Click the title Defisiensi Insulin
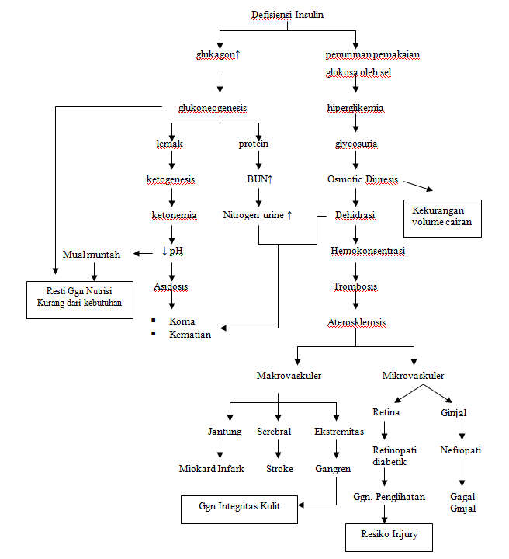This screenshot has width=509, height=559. pos(287,15)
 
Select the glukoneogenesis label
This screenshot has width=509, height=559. pos(213,108)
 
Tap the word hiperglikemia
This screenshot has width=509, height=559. pos(355,108)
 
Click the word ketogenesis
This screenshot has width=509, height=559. pos(171,179)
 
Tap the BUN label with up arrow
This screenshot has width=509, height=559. pos(260,179)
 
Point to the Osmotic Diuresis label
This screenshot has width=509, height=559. pos(362,179)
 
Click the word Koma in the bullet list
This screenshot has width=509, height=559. pos(182,321)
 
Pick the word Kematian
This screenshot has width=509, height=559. pos(190,335)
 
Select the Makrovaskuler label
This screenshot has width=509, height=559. pos(289,376)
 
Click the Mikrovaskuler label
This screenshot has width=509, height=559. pos(414,376)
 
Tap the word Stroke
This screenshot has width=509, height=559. pos(279,468)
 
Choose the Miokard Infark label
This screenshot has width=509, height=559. pos(212,468)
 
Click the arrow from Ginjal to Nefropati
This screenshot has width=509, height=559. pos(462,430)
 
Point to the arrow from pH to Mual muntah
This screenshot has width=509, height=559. pos(144,254)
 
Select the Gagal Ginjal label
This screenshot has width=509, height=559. pos(462,502)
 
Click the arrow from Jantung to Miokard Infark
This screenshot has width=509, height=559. pos(220,449)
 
